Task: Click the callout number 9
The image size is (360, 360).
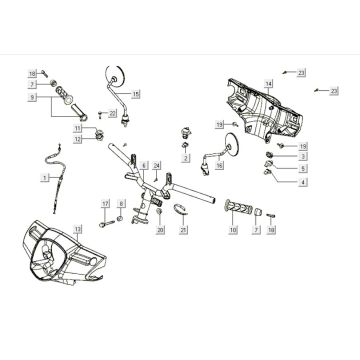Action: pos(33,99)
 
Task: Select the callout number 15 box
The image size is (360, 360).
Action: pos(136,93)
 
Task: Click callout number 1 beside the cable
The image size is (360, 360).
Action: pos(43,176)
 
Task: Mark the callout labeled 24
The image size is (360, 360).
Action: pos(157,164)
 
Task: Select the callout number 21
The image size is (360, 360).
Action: pos(183,230)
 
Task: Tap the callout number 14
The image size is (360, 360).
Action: pos(268,81)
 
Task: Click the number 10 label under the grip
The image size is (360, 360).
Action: pos(233,231)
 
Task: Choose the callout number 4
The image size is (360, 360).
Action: pos(303,183)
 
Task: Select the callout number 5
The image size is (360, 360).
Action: pos(303,169)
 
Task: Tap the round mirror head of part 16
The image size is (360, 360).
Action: pos(240,141)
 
